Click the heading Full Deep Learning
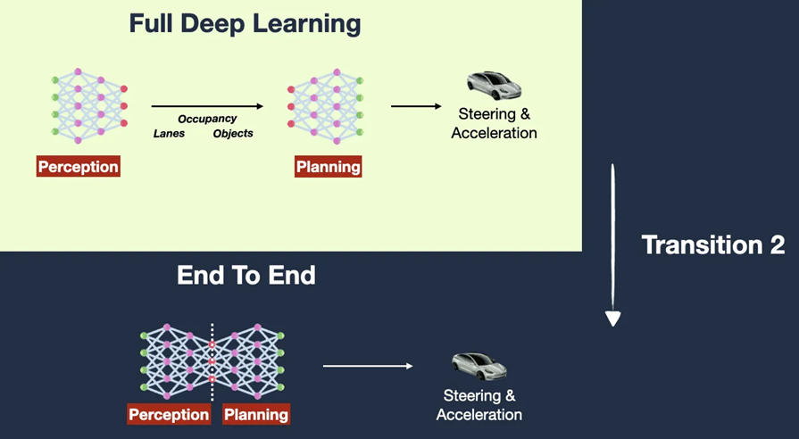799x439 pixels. click(245, 24)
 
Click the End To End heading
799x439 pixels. click(246, 276)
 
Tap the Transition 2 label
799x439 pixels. click(713, 245)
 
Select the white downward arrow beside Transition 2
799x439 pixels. click(612, 244)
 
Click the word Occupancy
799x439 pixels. click(207, 119)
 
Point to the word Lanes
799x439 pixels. click(170, 134)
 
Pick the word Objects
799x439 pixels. click(233, 134)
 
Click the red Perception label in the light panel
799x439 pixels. click(79, 167)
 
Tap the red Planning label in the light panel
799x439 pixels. click(329, 167)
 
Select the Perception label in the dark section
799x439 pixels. click(169, 414)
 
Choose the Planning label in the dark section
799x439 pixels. click(256, 414)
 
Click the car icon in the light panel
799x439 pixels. click(494, 86)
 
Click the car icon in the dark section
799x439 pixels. click(479, 366)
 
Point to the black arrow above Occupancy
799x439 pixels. click(207, 106)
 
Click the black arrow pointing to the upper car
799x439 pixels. click(416, 106)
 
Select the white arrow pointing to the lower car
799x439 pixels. click(368, 366)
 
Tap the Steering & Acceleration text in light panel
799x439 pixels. click(494, 123)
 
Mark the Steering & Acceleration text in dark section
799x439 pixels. click(479, 405)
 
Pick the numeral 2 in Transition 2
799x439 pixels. click(776, 245)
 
